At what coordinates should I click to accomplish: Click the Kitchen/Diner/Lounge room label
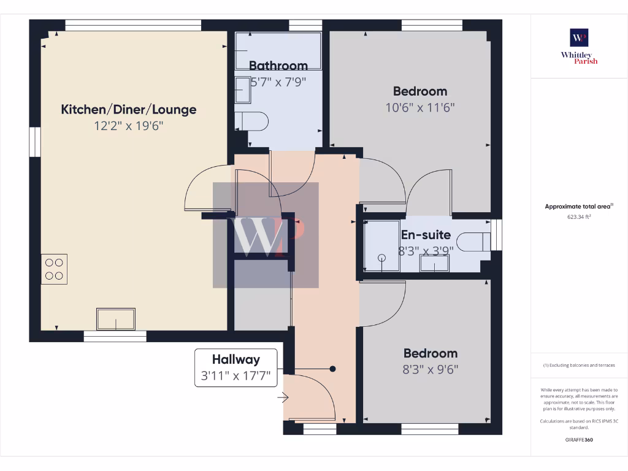pyautogui.click(x=129, y=110)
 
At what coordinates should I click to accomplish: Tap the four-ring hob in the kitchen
pyautogui.click(x=54, y=269)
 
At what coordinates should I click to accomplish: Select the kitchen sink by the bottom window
pyautogui.click(x=116, y=320)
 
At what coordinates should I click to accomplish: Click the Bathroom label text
pyautogui.click(x=278, y=66)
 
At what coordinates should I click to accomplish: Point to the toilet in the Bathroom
pyautogui.click(x=253, y=120)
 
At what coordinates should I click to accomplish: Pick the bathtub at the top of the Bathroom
pyautogui.click(x=278, y=51)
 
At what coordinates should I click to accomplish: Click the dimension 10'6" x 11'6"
pyautogui.click(x=419, y=107)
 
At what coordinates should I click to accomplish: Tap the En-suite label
pyautogui.click(x=426, y=235)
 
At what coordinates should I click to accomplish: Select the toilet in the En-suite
pyautogui.click(x=473, y=241)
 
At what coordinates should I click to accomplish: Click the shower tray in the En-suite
pyautogui.click(x=381, y=245)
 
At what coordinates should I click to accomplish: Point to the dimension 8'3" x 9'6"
pyautogui.click(x=430, y=369)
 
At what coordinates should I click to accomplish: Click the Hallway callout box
pyautogui.click(x=236, y=367)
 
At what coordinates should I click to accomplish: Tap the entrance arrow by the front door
pyautogui.click(x=283, y=398)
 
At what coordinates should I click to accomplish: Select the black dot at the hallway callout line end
pyautogui.click(x=333, y=369)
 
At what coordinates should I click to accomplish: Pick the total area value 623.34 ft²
pyautogui.click(x=579, y=216)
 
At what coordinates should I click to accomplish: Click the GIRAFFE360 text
pyautogui.click(x=579, y=440)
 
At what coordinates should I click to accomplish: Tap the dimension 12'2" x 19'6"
pyautogui.click(x=129, y=126)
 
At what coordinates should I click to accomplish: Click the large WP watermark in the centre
pyautogui.click(x=266, y=235)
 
